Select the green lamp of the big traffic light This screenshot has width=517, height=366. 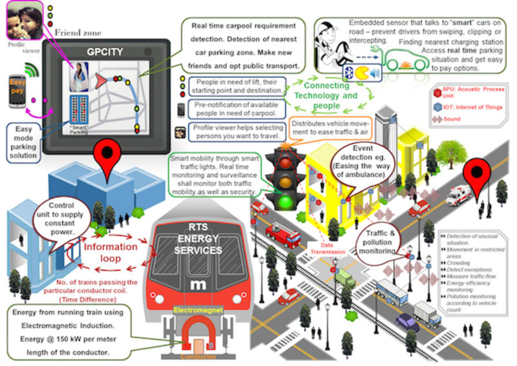286,201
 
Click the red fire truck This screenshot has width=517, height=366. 283,235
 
